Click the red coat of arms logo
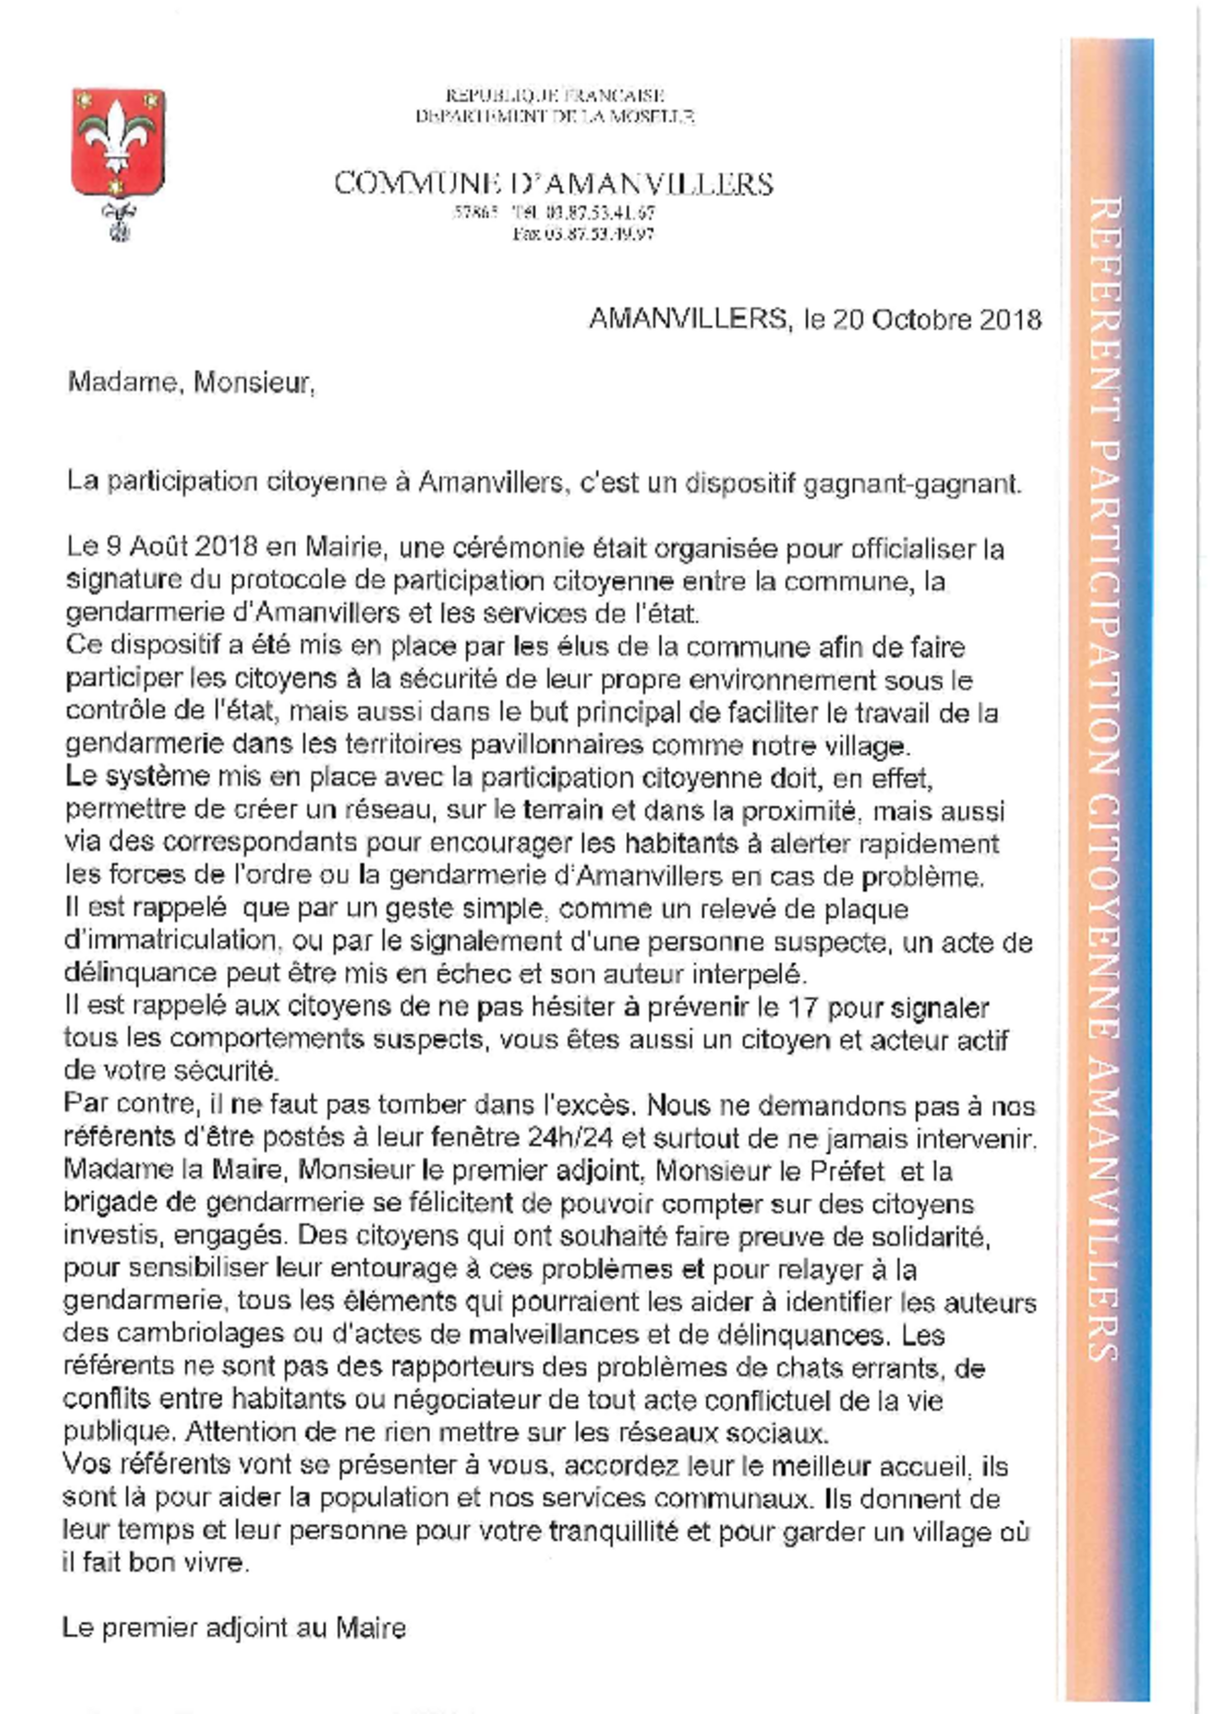point(118,143)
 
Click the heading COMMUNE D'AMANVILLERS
point(554,183)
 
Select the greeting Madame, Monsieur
point(191,383)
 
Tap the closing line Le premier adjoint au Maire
point(234,1628)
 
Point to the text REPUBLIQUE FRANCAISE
point(555,95)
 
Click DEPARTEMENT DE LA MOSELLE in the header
point(555,116)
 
